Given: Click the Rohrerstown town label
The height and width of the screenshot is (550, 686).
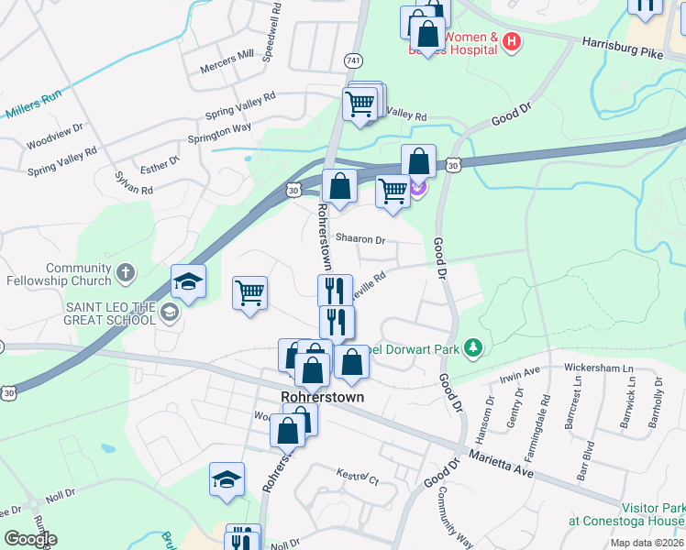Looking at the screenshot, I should point(322,398).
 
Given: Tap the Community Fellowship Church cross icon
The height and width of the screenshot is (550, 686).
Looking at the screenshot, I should point(125,273).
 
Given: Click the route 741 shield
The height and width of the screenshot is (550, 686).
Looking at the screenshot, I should point(353,58).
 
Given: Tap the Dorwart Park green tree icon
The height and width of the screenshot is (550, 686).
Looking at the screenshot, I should point(473,347).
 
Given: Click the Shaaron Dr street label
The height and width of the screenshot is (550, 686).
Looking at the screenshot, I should point(360,238).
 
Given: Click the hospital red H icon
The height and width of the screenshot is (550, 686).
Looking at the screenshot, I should point(512,41).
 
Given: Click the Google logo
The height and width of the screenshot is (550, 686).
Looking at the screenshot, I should point(30,539).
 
